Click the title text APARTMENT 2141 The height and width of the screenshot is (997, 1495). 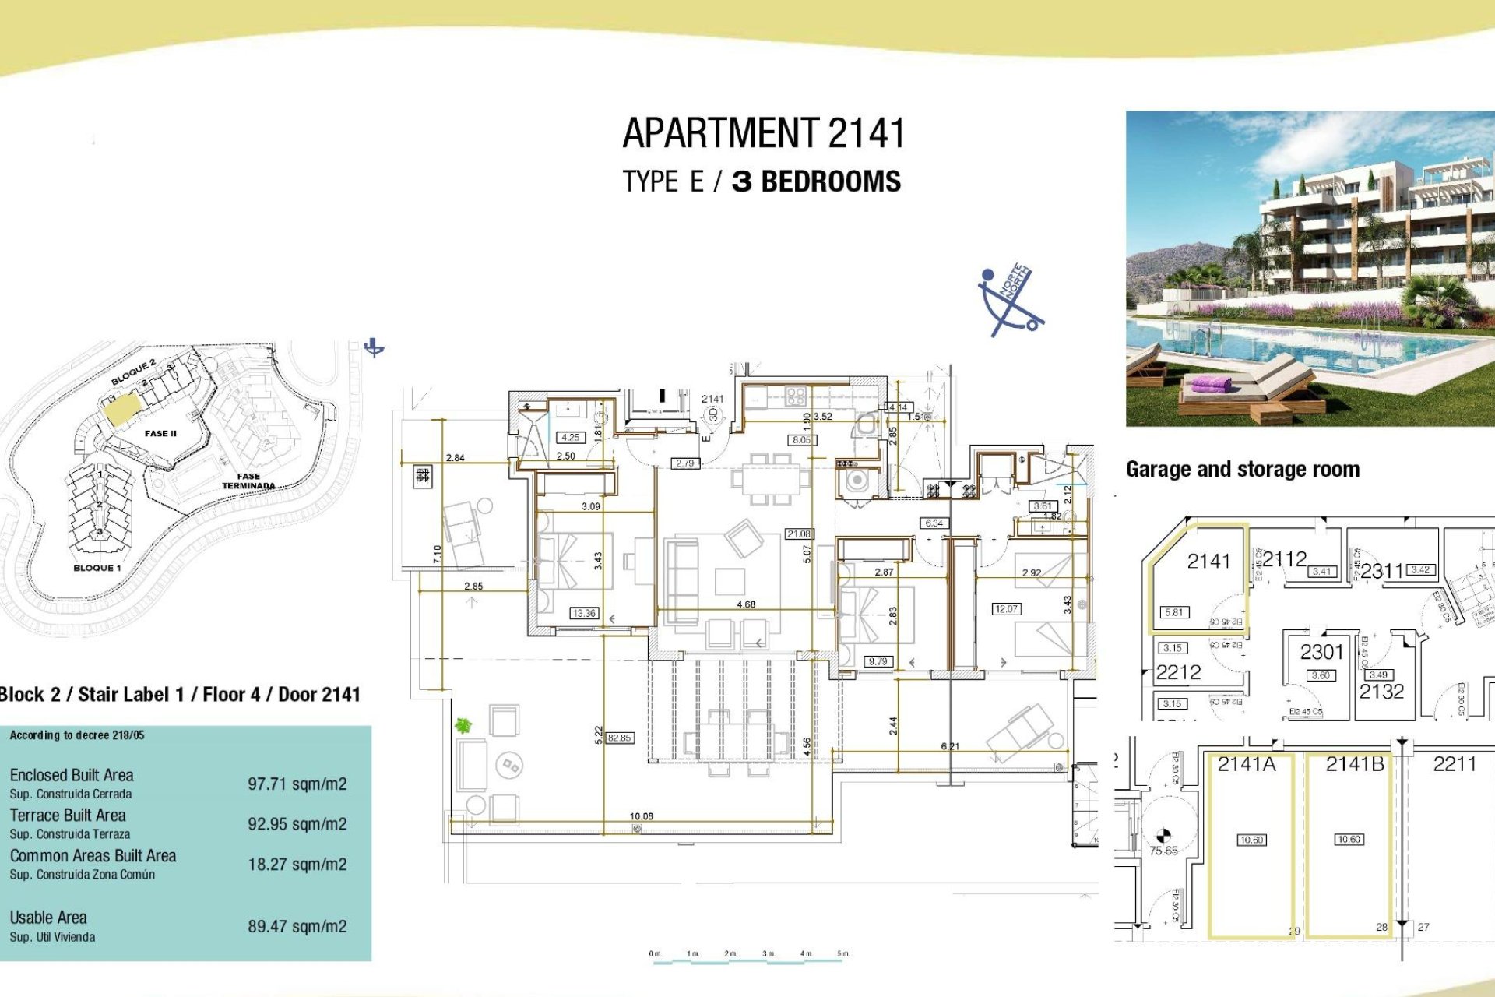point(763,133)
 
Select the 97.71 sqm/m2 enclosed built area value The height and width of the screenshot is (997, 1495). point(297,784)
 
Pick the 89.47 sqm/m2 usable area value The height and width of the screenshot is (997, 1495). point(297,926)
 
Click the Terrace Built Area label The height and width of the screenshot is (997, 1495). point(68,816)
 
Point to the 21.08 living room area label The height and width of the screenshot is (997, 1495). point(799,534)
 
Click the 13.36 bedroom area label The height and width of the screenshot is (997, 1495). point(584,613)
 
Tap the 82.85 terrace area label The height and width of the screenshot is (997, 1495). point(620,738)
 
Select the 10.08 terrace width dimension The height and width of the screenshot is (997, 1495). point(641,816)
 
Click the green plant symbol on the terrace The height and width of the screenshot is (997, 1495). point(463,726)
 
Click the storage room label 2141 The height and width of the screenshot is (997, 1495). point(1208,561)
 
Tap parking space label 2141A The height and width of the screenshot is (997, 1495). point(1247,765)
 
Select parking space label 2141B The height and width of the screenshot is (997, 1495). point(1355,765)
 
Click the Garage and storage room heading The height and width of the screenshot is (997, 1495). point(1242,469)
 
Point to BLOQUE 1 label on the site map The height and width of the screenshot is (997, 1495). point(97,568)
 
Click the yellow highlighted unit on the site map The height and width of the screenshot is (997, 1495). point(122,407)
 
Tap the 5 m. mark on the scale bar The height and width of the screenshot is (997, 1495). point(843,954)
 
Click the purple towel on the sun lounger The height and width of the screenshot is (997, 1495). point(1212,384)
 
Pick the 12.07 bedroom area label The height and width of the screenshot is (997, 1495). point(1006,609)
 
